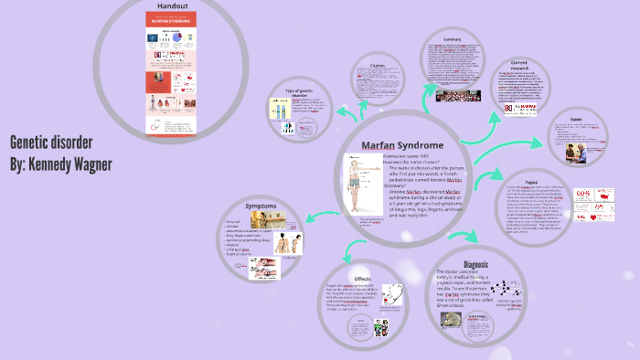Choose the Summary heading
452,40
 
